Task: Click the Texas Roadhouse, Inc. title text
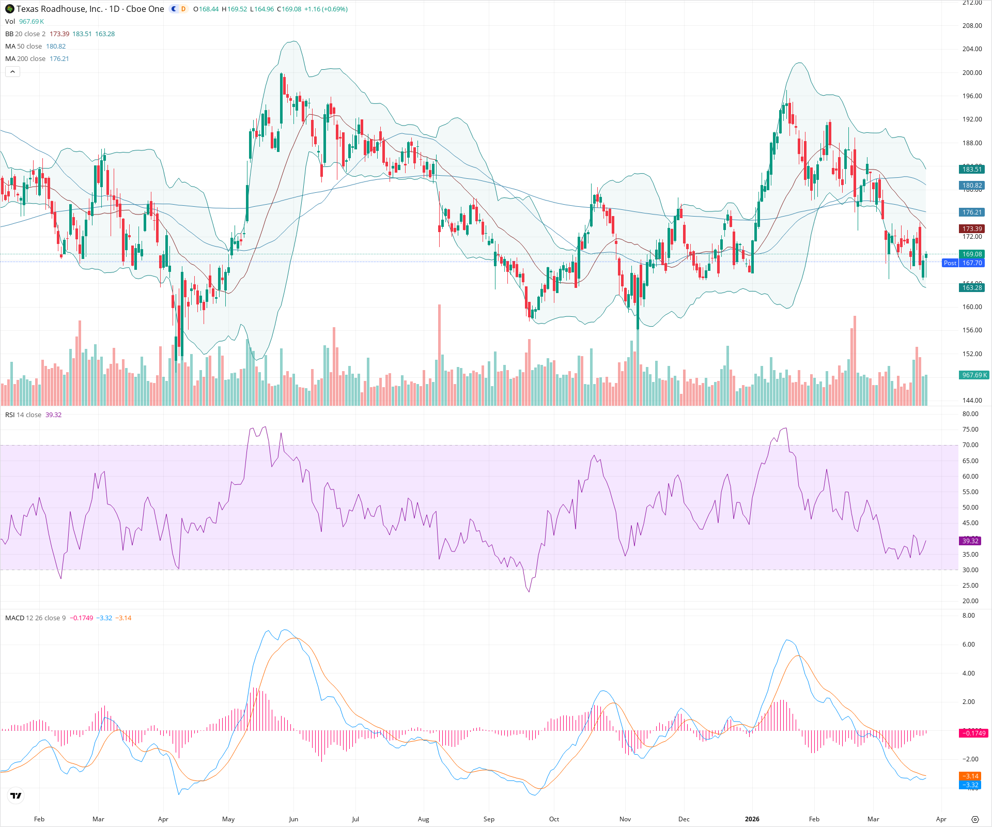click(59, 9)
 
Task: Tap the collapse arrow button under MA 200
click(12, 72)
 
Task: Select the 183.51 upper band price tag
click(971, 170)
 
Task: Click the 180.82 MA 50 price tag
click(971, 186)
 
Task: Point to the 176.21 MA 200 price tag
click(971, 212)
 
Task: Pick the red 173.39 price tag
click(971, 229)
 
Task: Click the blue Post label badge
click(950, 263)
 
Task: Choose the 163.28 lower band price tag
click(971, 288)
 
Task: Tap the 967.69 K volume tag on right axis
click(973, 375)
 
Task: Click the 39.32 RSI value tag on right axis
click(970, 541)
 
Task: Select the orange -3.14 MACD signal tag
click(970, 776)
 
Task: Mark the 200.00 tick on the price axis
click(971, 73)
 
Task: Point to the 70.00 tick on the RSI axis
click(970, 445)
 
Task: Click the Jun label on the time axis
click(293, 819)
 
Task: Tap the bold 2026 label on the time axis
click(752, 819)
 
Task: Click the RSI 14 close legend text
click(23, 415)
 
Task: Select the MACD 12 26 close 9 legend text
click(35, 618)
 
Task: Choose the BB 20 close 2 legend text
click(25, 34)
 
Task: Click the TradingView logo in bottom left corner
click(16, 795)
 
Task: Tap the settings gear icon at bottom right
click(975, 819)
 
